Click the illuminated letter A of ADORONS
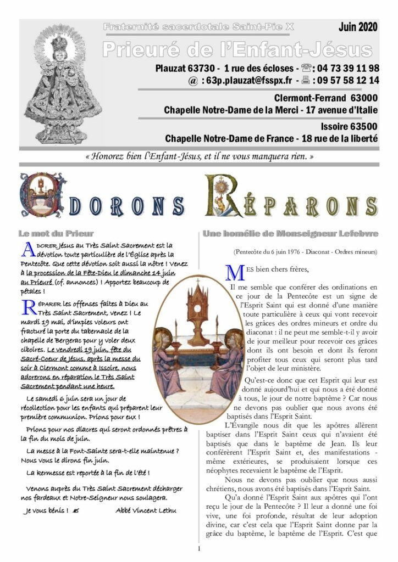click(x=40, y=195)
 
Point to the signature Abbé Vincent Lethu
click(x=146, y=510)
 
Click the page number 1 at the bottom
click(x=199, y=548)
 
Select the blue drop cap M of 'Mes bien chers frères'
click(x=234, y=272)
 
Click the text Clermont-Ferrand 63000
click(x=325, y=98)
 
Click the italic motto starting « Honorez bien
click(x=200, y=156)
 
